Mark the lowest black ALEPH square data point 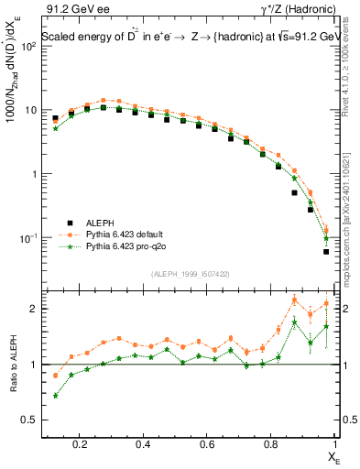(x=326, y=252)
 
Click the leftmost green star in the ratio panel (x=56, y=396)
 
